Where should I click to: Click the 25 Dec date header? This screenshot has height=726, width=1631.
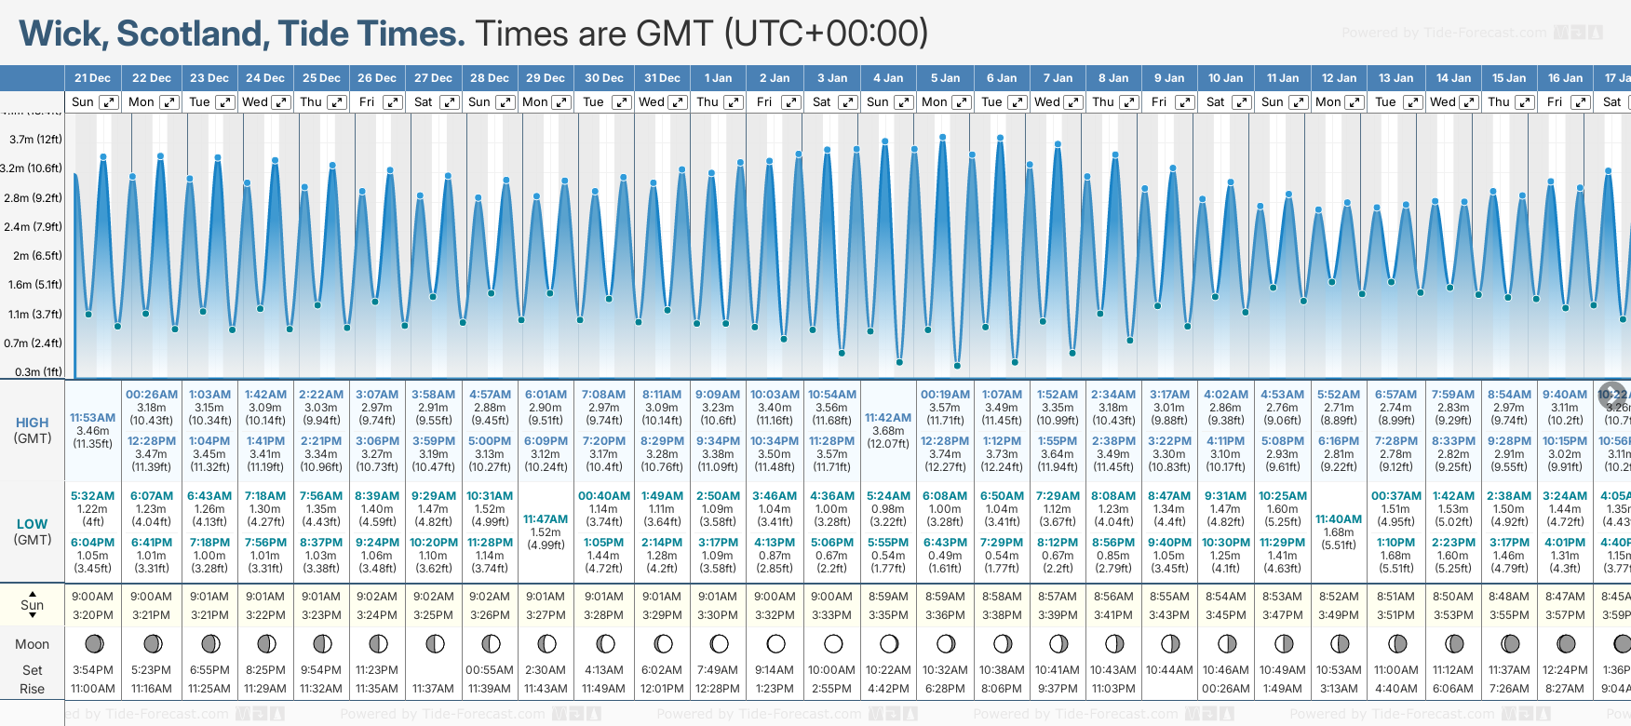321,78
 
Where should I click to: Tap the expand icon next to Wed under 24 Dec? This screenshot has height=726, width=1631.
280,102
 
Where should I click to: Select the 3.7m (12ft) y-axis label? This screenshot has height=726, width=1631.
35,140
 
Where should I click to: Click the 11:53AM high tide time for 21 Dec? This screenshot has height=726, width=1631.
93,418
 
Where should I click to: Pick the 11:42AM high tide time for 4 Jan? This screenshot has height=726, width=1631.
888,418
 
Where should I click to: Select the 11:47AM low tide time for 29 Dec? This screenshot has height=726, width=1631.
546,519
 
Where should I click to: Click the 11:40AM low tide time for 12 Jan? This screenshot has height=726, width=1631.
1339,519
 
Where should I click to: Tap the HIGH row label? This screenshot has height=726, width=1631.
32,423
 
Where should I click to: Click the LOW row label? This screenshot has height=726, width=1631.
32,524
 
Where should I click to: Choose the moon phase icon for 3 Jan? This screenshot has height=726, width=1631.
833,643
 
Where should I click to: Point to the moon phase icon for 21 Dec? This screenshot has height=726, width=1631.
93,643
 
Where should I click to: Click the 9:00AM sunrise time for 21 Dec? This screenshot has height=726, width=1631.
93,597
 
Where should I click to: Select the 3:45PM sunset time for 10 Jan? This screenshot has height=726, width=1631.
1225,615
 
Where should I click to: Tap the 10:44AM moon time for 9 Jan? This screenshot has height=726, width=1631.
1169,670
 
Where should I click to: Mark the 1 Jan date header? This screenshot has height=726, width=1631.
718,78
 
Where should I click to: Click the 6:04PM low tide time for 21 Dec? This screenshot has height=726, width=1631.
93,543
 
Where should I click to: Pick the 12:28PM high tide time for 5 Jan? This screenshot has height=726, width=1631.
945,441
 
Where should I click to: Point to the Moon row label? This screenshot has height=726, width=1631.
32,644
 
